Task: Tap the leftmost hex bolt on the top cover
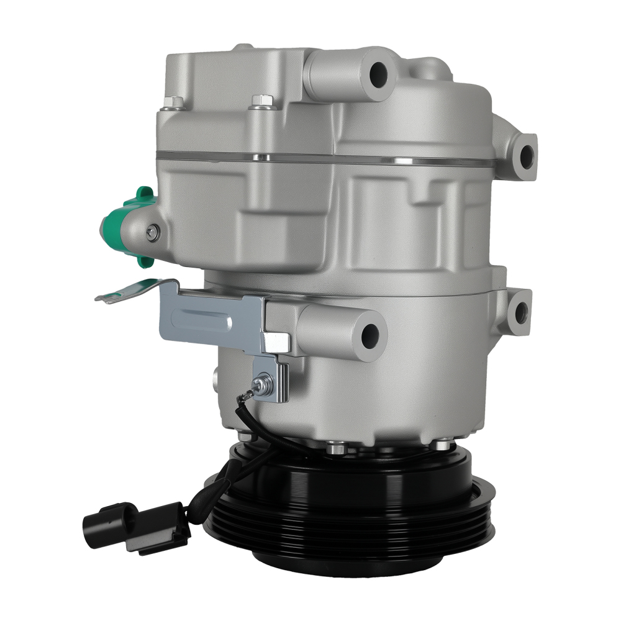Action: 176,102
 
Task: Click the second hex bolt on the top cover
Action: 261,101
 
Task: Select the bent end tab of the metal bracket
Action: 118,294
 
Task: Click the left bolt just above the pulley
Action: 337,445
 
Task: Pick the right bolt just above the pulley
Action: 442,445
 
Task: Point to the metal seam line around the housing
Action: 323,157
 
